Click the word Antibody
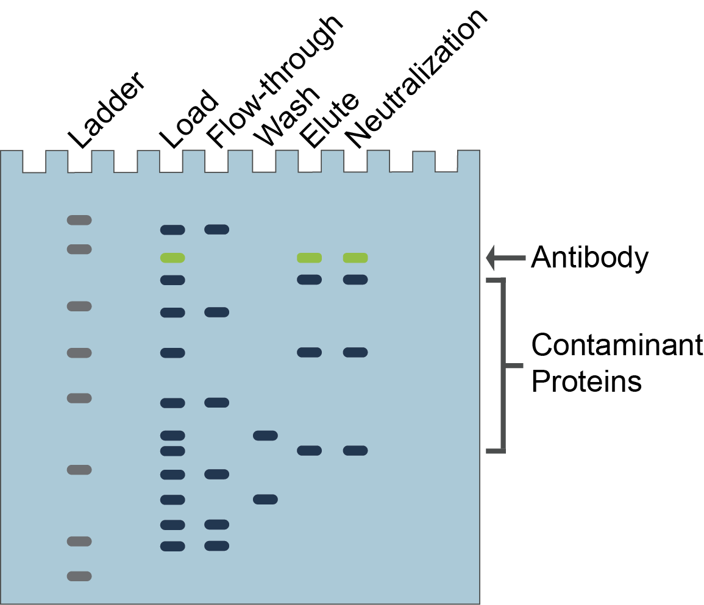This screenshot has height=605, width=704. tap(589, 258)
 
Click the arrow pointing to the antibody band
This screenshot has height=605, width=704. tap(505, 258)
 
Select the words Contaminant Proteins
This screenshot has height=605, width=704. tap(616, 364)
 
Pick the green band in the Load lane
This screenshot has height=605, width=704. tap(172, 258)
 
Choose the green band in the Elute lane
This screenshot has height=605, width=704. tap(309, 258)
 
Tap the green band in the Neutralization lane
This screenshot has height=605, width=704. tap(355, 258)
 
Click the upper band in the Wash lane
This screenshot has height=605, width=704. tap(265, 436)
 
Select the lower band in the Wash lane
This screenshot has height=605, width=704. tap(265, 500)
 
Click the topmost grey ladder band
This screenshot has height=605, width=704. tap(79, 220)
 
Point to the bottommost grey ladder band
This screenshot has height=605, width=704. tap(79, 576)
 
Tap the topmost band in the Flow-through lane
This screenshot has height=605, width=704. tap(216, 229)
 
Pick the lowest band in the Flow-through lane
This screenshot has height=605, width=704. tap(216, 545)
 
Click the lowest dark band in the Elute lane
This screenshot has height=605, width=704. tap(309, 451)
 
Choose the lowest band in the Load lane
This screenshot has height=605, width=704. tap(172, 546)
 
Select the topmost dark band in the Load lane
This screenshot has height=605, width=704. tap(172, 230)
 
